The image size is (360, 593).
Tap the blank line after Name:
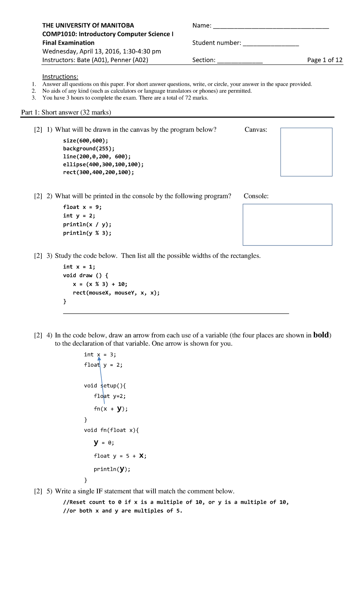click(x=271, y=27)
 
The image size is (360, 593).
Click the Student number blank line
click(x=271, y=44)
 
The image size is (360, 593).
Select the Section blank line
click(x=240, y=62)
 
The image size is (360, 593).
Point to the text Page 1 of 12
click(x=325, y=60)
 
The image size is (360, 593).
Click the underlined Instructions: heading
click(x=60, y=77)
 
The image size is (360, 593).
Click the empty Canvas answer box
click(x=306, y=152)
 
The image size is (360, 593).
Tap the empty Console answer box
click(x=287, y=225)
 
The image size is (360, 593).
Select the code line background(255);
click(x=89, y=149)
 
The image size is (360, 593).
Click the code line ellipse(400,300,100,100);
click(x=103, y=164)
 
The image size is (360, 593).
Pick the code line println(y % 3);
click(x=87, y=233)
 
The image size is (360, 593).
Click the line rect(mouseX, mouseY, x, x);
click(x=116, y=293)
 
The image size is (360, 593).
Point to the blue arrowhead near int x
click(x=99, y=358)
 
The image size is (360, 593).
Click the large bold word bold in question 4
click(x=321, y=335)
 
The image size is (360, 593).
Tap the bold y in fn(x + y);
click(x=119, y=408)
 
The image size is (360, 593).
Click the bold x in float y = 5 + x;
click(x=141, y=456)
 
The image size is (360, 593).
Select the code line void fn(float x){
click(x=111, y=430)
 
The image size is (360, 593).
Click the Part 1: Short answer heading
click(x=66, y=112)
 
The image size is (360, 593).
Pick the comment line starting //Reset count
click(x=176, y=502)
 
